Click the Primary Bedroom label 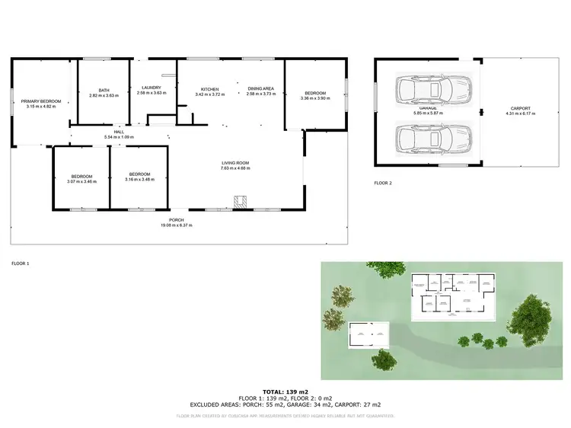(x=41, y=101)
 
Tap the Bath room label (x=104, y=90)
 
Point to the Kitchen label (x=209, y=90)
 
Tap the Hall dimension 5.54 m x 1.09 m (x=119, y=137)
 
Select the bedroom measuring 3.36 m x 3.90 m (x=314, y=98)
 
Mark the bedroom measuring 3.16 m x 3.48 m (x=139, y=180)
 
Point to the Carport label (x=521, y=109)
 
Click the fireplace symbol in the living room (x=238, y=203)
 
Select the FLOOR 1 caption (x=20, y=263)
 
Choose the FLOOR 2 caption (x=383, y=184)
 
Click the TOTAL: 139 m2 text (x=285, y=390)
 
